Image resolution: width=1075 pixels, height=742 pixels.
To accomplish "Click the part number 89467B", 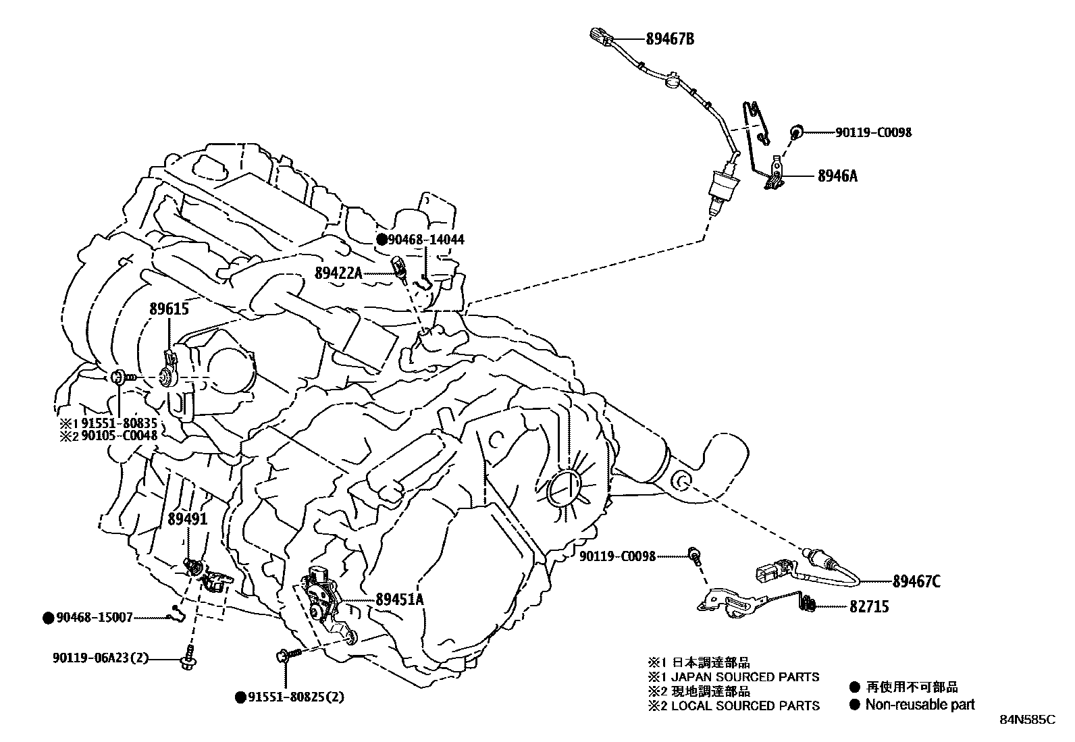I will (x=670, y=39).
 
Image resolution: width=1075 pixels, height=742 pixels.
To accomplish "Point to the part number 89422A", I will (x=338, y=272).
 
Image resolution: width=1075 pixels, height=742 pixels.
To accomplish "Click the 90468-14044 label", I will (x=426, y=240).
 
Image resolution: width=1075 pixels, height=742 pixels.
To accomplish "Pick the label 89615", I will (x=169, y=310).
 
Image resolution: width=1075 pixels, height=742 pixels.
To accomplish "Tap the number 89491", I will (x=187, y=519).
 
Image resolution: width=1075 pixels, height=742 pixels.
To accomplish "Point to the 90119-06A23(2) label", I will (x=101, y=657).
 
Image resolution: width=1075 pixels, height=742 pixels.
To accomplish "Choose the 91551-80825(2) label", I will (x=294, y=697).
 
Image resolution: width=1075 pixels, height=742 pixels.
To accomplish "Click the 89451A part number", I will (x=399, y=599).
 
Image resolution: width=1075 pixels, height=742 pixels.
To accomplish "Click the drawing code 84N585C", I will (x=1027, y=720).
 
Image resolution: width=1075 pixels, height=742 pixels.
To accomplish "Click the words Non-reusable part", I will (x=920, y=705).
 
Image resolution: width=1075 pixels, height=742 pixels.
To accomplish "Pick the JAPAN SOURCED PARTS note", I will (x=745, y=677).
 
